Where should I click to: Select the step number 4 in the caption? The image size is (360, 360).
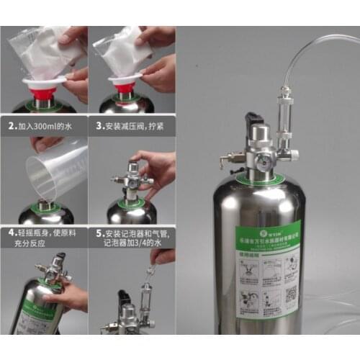click(11, 233)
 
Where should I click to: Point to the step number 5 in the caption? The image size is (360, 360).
click(99, 233)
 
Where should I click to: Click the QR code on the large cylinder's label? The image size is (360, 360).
click(289, 293)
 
